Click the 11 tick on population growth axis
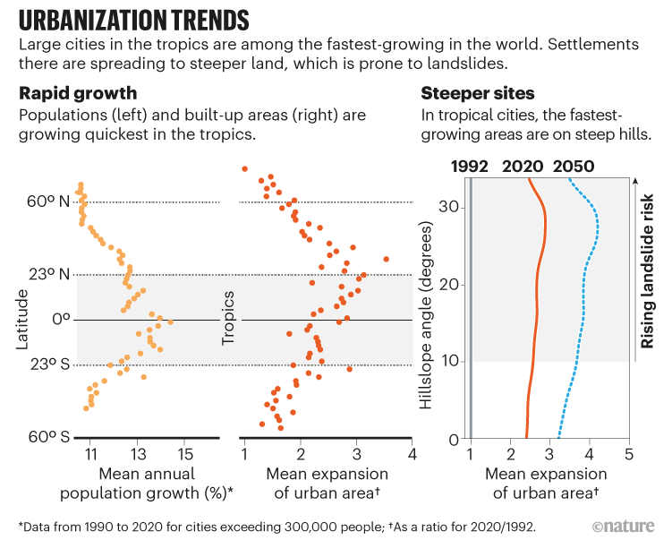90,455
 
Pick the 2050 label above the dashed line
573,166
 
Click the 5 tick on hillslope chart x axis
628,455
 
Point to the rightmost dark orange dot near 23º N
386,259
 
